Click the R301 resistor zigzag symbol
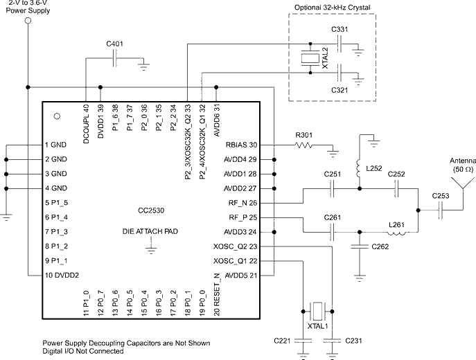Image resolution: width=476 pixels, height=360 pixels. (303, 145)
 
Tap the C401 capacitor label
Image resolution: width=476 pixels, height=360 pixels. (115, 44)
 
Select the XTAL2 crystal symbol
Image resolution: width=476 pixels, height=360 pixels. (310, 58)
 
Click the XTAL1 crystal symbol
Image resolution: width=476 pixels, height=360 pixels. (317, 311)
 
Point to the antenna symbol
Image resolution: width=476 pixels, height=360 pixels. (463, 183)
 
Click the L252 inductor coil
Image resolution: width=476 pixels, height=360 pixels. (358, 168)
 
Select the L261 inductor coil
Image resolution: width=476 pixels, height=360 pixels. (396, 233)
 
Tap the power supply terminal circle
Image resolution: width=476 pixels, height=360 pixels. (28, 21)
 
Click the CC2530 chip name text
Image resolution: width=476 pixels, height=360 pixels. (151, 210)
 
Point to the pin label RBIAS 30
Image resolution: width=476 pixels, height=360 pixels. (241, 145)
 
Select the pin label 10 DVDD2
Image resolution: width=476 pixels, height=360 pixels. (62, 275)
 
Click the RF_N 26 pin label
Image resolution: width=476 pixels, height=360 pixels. (243, 203)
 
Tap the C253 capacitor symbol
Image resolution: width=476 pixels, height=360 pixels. (441, 210)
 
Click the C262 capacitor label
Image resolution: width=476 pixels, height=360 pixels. (380, 246)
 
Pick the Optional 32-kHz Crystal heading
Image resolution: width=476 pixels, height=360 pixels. (333, 8)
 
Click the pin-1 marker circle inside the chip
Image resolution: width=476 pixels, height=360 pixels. (57, 116)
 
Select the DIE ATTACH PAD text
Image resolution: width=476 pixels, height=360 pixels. (150, 231)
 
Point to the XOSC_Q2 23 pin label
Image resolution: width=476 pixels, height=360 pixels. (236, 246)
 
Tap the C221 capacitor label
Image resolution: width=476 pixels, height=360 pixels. (282, 341)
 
